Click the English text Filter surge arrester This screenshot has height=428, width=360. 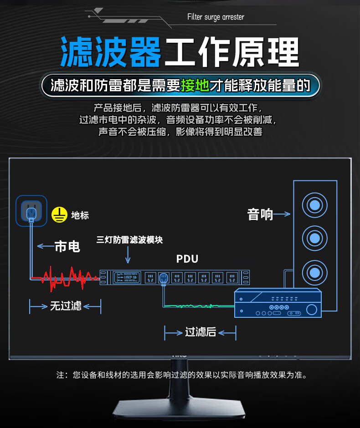click(x=216, y=17)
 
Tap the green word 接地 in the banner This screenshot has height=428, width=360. click(x=195, y=85)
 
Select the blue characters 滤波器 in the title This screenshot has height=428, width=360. click(x=111, y=52)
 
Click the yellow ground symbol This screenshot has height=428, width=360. click(x=59, y=214)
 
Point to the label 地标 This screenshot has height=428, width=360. click(x=80, y=215)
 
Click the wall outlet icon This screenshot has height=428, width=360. click(x=31, y=210)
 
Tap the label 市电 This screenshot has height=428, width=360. click(x=67, y=246)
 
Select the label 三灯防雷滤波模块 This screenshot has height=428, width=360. click(x=129, y=239)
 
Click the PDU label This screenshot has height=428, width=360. click(x=187, y=259)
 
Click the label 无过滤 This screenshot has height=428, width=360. click(x=66, y=306)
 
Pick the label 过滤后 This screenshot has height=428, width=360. click(x=201, y=332)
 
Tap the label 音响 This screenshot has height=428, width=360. click(x=260, y=214)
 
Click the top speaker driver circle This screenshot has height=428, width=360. click(x=314, y=205)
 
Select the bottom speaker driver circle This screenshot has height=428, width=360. click(x=314, y=273)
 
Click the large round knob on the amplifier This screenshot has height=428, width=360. click(x=312, y=310)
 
